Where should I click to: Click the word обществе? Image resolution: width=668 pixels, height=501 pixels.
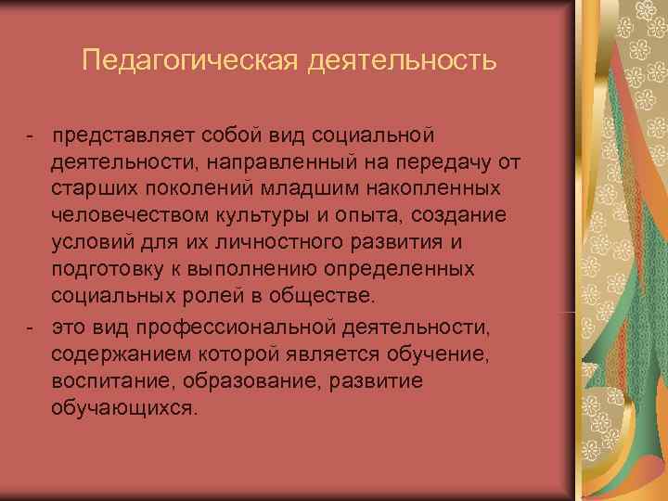point(325,296)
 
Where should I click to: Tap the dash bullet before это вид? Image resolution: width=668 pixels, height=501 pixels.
point(31,327)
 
